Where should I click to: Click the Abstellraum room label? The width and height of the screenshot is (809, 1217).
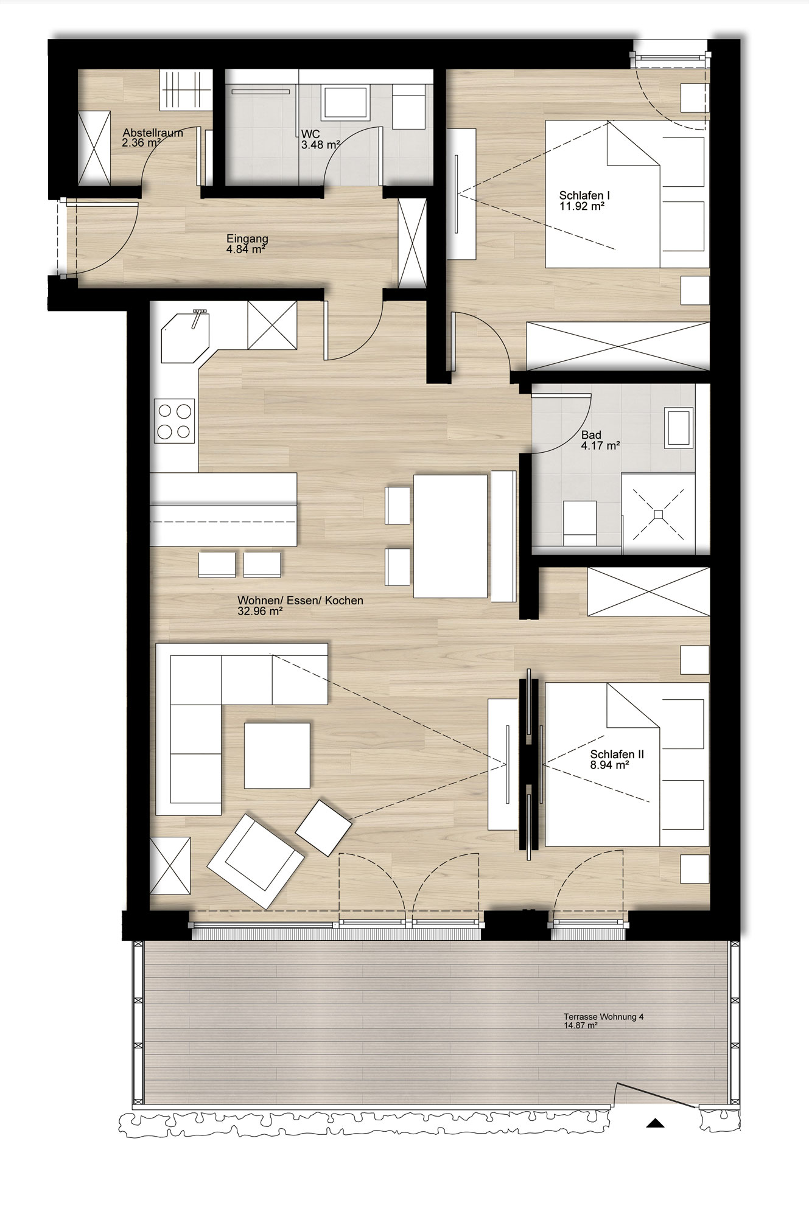tap(153, 133)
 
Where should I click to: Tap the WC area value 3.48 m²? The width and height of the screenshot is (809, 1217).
tap(320, 145)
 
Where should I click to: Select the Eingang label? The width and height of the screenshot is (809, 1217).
tap(247, 239)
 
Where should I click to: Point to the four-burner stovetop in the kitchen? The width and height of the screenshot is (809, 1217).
tap(175, 420)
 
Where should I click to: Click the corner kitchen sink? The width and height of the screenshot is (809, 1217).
tap(185, 337)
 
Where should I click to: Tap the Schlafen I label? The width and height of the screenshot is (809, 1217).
tap(584, 196)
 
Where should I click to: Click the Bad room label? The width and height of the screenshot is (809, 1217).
tap(591, 435)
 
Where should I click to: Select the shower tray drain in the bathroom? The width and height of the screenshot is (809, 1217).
tap(658, 515)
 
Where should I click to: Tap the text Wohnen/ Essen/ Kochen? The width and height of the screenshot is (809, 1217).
tap(300, 601)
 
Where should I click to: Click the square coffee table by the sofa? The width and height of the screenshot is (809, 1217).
tap(277, 755)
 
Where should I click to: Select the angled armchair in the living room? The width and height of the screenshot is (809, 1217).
tap(256, 861)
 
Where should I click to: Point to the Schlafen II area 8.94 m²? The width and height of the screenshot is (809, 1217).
tap(609, 765)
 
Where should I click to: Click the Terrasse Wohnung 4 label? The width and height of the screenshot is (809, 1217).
tap(603, 1016)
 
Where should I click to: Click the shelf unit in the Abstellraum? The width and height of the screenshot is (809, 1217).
tap(186, 90)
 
